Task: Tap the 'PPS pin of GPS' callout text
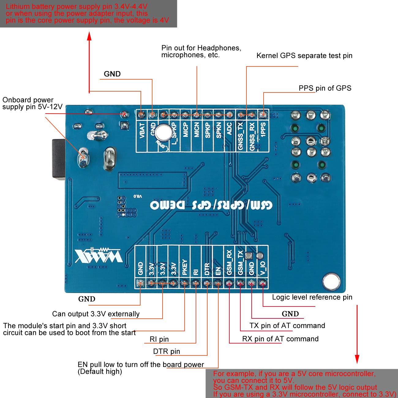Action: (x=325, y=88)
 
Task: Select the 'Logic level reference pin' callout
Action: (x=312, y=297)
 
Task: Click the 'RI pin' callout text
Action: (x=159, y=339)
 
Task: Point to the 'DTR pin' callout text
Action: (x=167, y=351)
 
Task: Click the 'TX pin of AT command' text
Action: (x=287, y=326)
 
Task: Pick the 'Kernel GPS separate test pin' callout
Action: (x=304, y=56)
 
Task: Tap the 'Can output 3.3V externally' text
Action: (x=96, y=314)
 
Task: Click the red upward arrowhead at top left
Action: (x=89, y=36)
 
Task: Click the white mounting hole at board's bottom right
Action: (x=331, y=281)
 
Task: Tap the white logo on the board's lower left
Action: (x=99, y=255)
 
